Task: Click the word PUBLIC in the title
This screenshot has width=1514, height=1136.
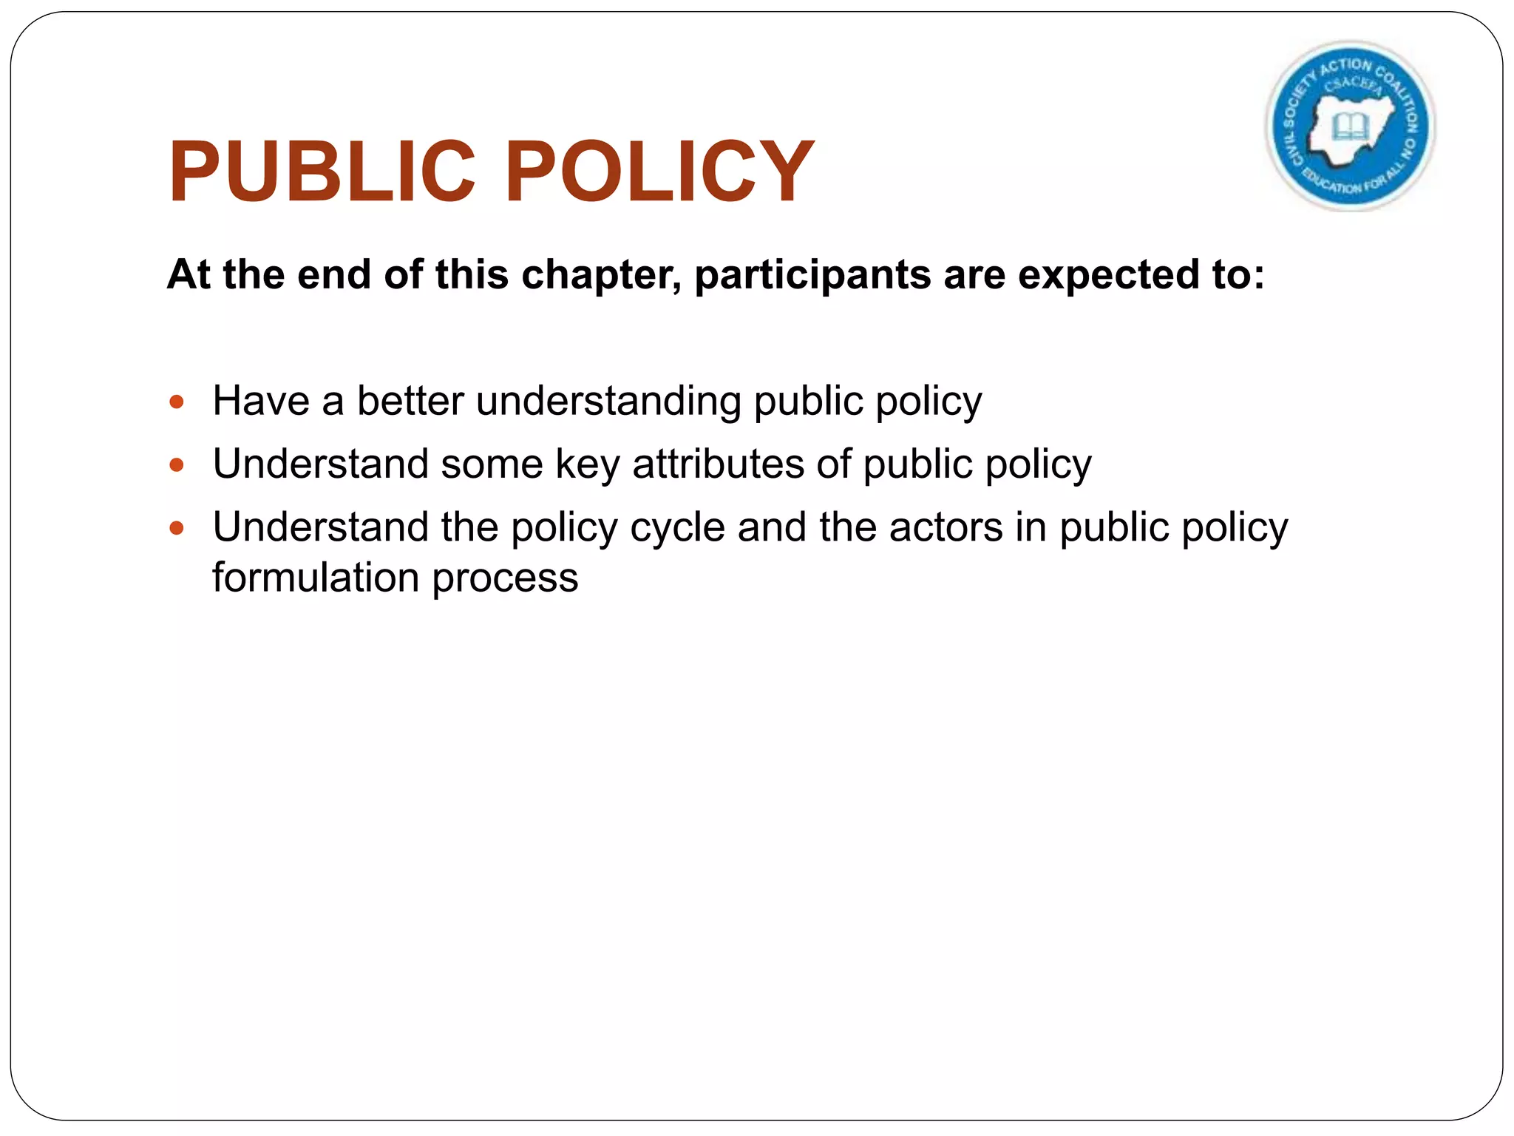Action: [x=322, y=172]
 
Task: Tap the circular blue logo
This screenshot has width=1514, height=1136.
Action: [x=1351, y=126]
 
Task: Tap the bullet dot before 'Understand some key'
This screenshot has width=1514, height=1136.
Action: [x=176, y=465]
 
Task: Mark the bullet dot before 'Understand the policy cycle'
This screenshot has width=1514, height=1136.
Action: [x=176, y=528]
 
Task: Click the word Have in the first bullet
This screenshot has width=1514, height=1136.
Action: [x=260, y=402]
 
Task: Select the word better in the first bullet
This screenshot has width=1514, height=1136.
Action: [x=410, y=402]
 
